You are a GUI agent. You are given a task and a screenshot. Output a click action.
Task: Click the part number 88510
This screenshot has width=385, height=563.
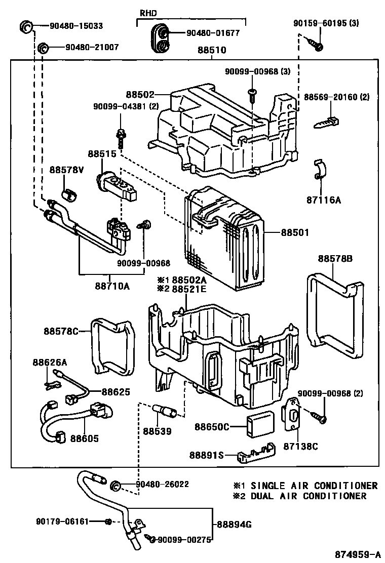click(x=212, y=51)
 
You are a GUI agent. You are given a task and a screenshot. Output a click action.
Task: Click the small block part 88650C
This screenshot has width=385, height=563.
click(x=259, y=426)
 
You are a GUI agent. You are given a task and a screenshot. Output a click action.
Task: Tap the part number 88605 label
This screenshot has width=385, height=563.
click(x=84, y=438)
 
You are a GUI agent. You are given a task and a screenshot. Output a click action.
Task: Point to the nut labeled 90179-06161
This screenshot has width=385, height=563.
click(x=107, y=521)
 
